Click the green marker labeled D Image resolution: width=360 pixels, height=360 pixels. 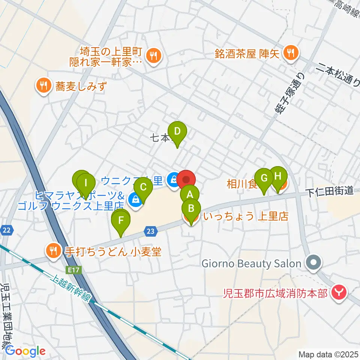tap(177, 132)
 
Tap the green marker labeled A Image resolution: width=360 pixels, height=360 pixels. tap(190, 194)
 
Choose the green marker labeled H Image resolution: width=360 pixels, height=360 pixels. tap(278, 176)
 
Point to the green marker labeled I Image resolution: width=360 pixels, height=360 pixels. tap(86, 183)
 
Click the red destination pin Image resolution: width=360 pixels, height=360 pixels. tap(186, 179)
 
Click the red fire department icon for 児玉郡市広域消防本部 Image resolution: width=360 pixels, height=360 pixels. tap(339, 291)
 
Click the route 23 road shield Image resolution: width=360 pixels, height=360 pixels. tap(150, 232)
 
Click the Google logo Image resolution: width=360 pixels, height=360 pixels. tap(25, 351)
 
